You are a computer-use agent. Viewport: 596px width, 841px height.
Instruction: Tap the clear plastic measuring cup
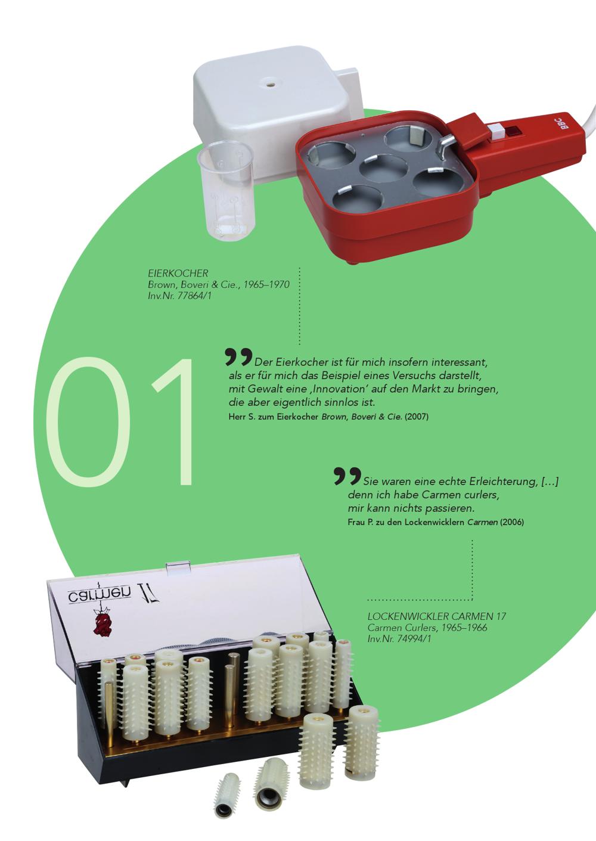[226, 190]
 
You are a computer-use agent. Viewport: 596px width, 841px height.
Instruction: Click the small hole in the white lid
[269, 81]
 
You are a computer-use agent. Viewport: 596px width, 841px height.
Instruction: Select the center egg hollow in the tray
[384, 168]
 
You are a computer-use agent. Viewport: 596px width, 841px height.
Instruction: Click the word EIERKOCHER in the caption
[178, 273]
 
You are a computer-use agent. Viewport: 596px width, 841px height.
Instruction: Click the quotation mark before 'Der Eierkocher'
[238, 356]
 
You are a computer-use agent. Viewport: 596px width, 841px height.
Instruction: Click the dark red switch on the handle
[513, 131]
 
